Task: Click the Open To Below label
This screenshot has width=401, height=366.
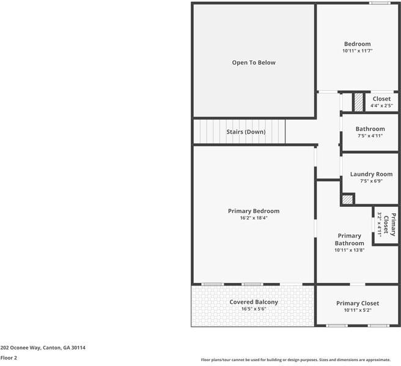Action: [x=254, y=62]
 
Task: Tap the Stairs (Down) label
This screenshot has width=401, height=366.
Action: [x=246, y=132]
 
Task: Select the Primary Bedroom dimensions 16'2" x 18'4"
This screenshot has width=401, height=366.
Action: [x=254, y=218]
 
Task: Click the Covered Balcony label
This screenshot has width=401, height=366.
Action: [x=254, y=302]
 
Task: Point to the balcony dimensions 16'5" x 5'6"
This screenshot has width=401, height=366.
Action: [x=254, y=309]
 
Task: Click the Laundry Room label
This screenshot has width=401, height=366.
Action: [x=371, y=174]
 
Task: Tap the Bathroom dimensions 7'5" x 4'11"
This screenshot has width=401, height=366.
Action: [x=370, y=135]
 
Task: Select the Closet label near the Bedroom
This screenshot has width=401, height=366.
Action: [x=381, y=99]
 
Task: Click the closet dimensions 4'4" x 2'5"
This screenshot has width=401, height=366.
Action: [x=381, y=106]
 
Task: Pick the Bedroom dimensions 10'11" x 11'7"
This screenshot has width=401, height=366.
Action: [x=358, y=51]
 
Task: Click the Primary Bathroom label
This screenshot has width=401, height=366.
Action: [x=350, y=239]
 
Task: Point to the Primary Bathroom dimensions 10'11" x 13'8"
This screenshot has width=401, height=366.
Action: [x=350, y=250]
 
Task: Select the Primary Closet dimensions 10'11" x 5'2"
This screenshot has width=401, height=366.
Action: [x=358, y=310]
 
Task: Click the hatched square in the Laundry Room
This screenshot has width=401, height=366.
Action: [x=347, y=199]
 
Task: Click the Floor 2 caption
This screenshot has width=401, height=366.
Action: [x=9, y=357]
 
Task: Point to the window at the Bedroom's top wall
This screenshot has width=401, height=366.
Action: [x=379, y=3]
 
